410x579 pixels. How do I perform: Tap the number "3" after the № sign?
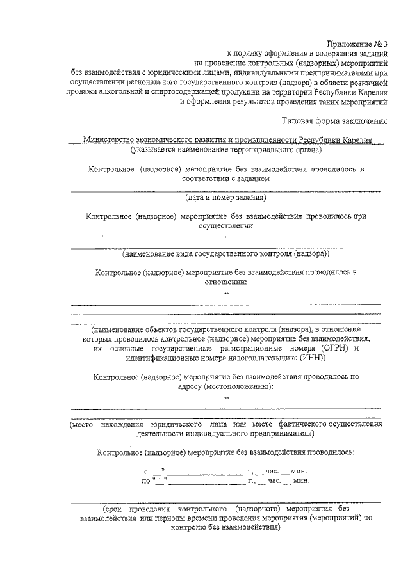coord(393,43)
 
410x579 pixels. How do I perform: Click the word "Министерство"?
coord(112,140)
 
